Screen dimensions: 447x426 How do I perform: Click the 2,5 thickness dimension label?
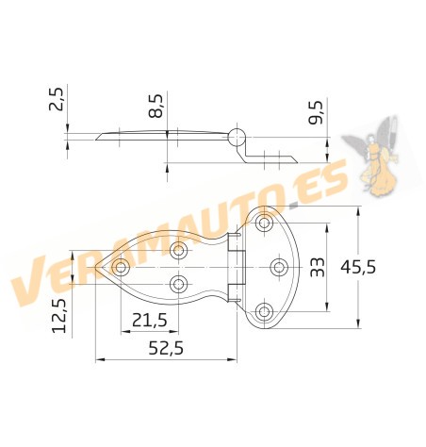(x=57, y=98)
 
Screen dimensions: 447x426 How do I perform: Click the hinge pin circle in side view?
(x=236, y=133)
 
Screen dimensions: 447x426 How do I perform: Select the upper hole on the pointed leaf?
(x=178, y=251)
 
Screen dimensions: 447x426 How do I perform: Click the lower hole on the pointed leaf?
(x=178, y=283)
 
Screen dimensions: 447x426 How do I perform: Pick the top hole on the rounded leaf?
(x=265, y=224)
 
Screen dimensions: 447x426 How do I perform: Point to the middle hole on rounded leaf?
(x=279, y=267)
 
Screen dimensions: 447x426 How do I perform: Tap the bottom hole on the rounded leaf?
(x=265, y=309)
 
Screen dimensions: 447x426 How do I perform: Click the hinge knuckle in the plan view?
(x=237, y=267)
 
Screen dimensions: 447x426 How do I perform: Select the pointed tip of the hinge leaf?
(x=99, y=267)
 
